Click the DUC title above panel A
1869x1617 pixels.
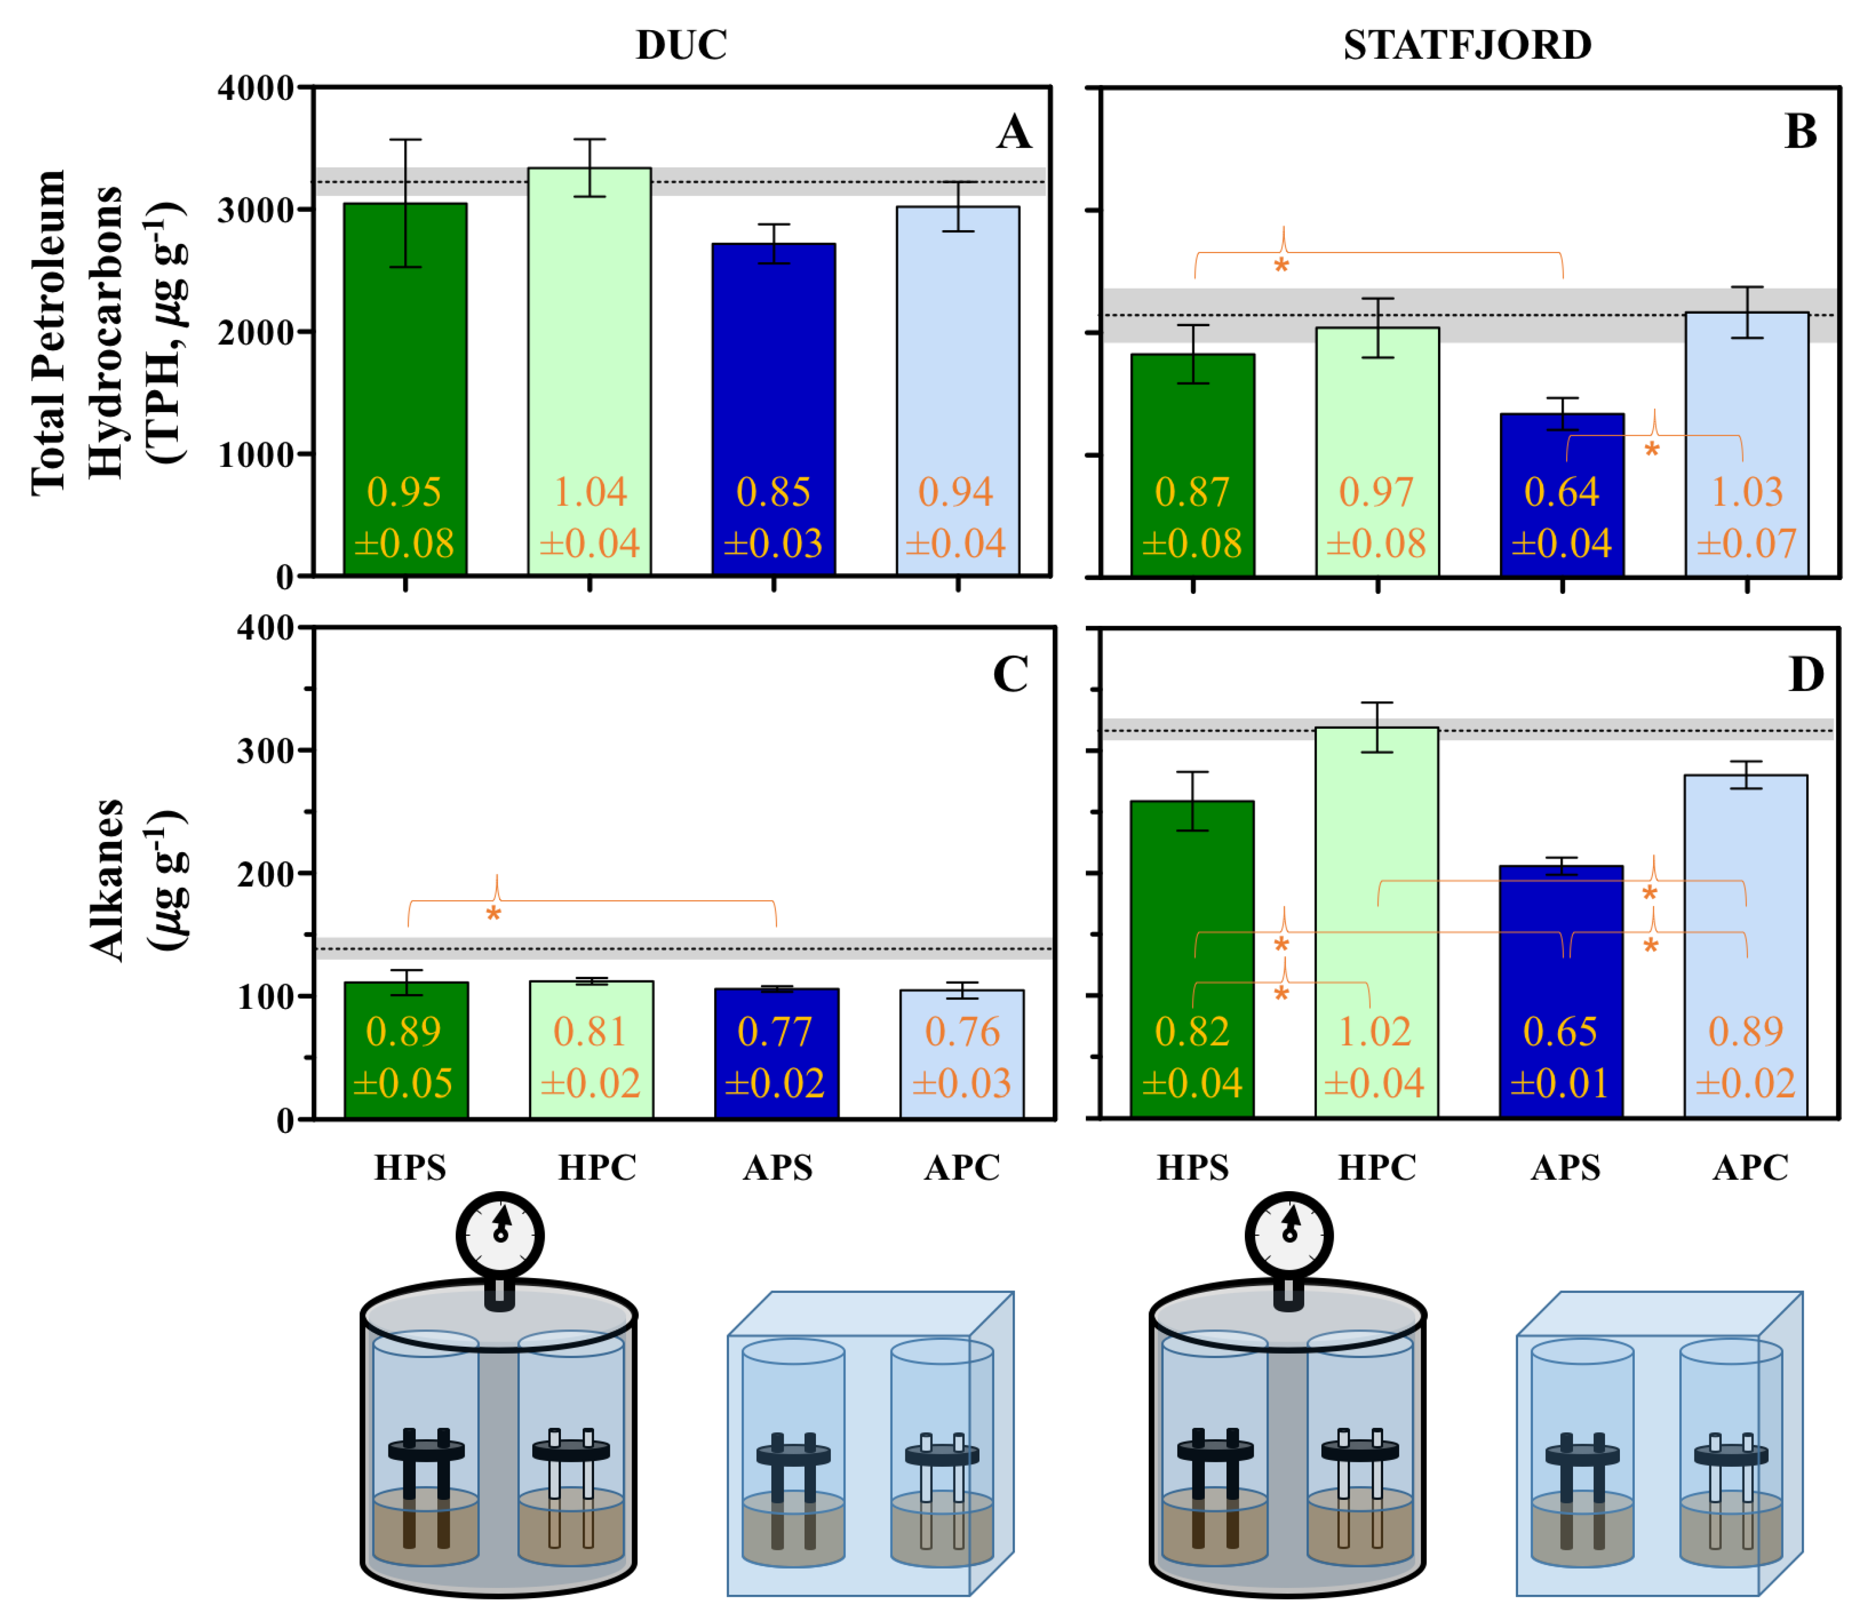(x=681, y=45)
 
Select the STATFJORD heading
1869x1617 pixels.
(x=1467, y=45)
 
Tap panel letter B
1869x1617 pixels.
(x=1800, y=132)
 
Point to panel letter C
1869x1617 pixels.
(x=1011, y=674)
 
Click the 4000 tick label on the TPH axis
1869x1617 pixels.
(x=256, y=88)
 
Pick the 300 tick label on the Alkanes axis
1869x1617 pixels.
(x=265, y=751)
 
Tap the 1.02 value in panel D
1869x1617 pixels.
(x=1374, y=1032)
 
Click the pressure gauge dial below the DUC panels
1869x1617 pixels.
(x=500, y=1235)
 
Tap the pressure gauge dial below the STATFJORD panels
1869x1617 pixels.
(x=1289, y=1235)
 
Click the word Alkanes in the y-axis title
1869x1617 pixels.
(x=106, y=880)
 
